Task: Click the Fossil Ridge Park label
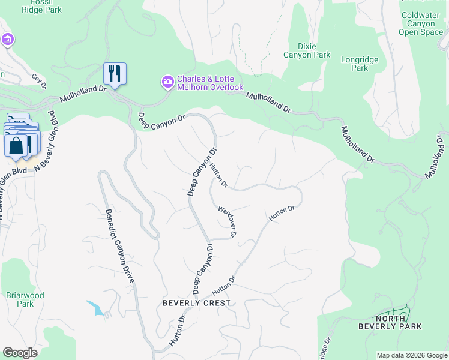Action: coord(38,6)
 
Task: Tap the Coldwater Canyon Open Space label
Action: coord(421,23)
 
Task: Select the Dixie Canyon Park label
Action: coord(314,50)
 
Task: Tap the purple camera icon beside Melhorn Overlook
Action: coord(168,81)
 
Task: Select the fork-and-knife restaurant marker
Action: coord(115,74)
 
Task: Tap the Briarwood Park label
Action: coord(25,299)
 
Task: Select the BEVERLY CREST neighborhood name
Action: coord(196,303)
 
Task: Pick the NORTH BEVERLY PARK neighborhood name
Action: coord(390,322)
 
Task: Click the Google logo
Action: coord(20,353)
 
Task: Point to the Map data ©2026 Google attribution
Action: coord(411,355)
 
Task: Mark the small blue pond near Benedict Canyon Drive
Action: coord(95,308)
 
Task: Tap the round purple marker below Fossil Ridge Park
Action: coord(8,40)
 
